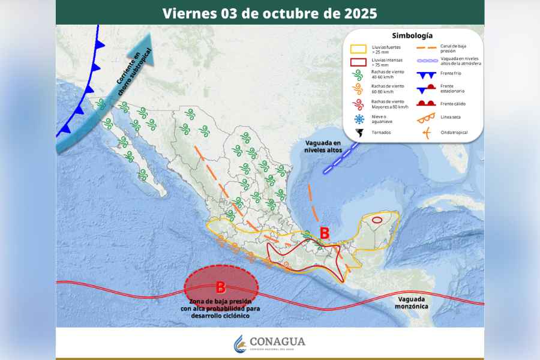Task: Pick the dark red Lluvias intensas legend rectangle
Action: (359, 61)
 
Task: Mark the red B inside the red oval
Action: (220, 287)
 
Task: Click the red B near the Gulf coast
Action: (324, 233)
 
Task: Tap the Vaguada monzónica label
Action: (412, 302)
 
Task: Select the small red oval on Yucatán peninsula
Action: (377, 220)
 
